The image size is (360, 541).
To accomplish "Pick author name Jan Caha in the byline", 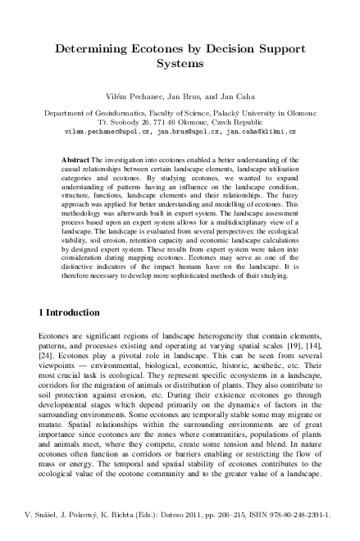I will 232,96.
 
